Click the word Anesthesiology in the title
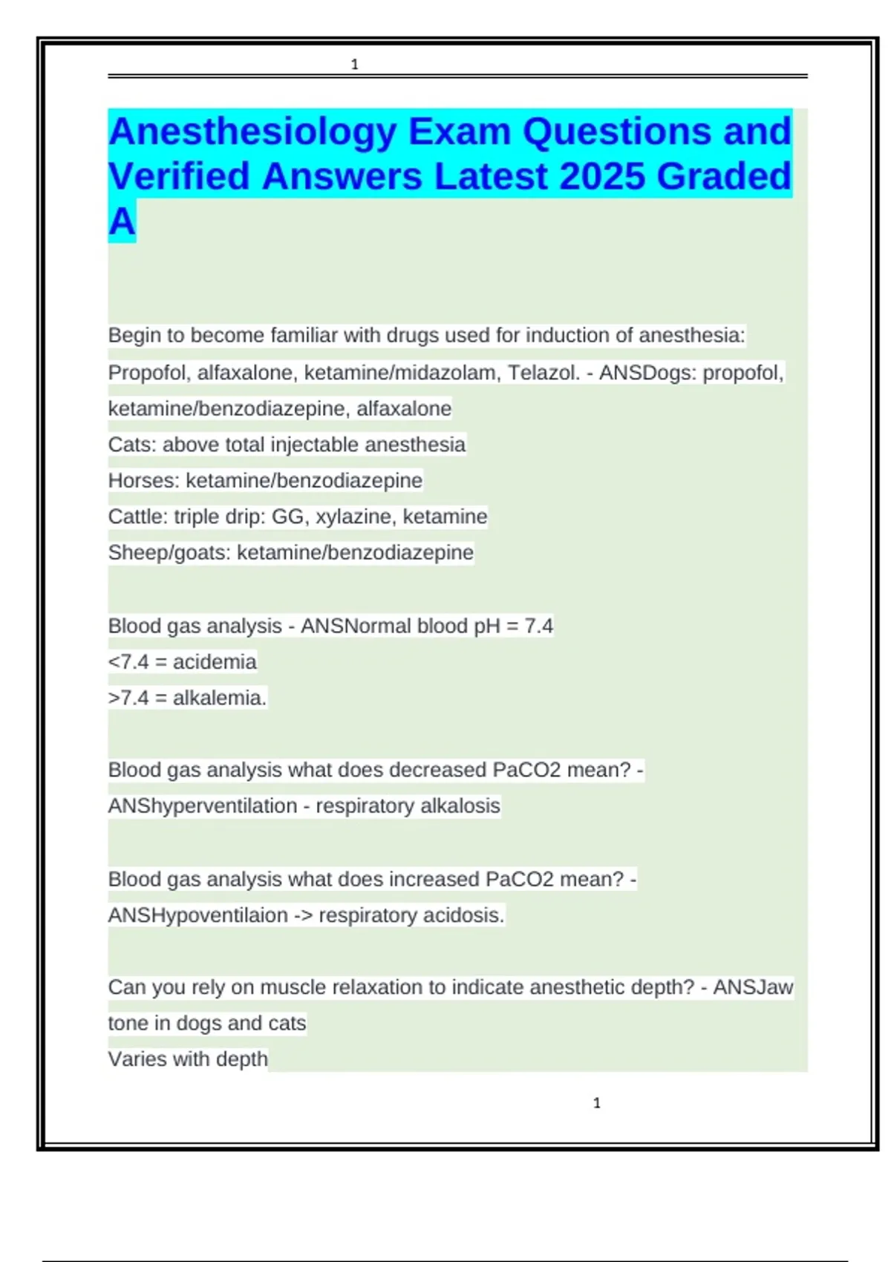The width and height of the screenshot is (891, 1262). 252,132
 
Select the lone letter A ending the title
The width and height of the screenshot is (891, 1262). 122,221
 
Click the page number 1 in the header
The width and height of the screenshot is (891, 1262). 355,65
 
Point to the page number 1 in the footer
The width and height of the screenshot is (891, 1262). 597,1103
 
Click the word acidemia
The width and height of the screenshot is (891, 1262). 215,661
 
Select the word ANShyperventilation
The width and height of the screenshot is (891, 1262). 203,805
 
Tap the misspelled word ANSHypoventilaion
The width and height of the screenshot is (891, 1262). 198,915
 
